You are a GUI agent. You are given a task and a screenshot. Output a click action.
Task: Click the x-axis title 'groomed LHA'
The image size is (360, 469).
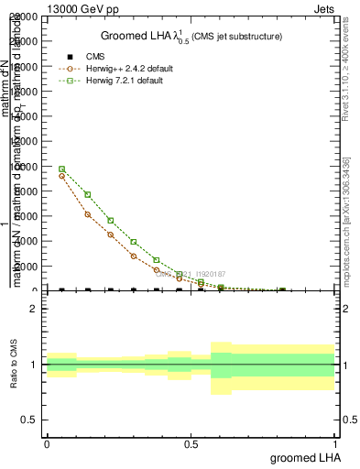[304, 456]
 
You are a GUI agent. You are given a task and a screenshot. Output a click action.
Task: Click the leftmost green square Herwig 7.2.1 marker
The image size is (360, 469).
[61, 169]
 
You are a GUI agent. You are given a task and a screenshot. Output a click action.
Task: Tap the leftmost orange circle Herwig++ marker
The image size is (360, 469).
[61, 176]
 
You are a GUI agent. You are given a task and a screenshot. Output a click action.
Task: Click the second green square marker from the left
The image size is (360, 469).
[87, 194]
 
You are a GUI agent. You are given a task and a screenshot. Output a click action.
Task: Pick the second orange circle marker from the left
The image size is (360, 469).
[87, 214]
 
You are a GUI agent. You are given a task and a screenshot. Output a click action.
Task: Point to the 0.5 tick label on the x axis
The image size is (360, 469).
[191, 442]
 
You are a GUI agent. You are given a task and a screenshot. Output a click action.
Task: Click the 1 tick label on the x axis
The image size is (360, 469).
[335, 442]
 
